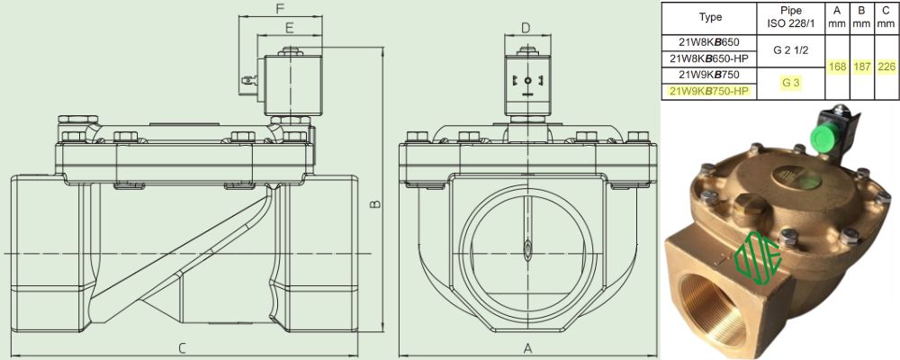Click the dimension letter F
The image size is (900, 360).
(280, 9)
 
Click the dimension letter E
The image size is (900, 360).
(289, 27)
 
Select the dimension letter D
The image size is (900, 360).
(526, 28)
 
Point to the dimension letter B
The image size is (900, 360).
(374, 203)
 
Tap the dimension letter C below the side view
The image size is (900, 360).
(182, 348)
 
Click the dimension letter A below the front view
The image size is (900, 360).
(528, 348)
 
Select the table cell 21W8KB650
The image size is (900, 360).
(709, 42)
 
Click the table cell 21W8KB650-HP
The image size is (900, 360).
(709, 58)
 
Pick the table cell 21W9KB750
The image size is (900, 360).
(709, 75)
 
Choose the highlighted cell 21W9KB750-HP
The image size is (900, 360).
(709, 91)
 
